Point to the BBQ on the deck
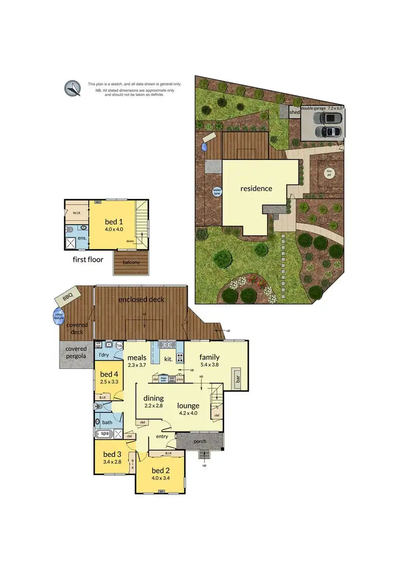pos(68,296)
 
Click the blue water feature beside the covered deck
pos(58,316)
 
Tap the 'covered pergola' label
pos(76,352)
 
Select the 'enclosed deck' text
pos(142,299)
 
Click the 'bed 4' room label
pos(109,374)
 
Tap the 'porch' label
pos(199,441)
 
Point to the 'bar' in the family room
pos(237,380)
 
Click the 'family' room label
pos(210,358)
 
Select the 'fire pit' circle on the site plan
pos(329,173)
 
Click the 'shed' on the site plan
pos(294,113)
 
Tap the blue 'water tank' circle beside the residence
pos(217,191)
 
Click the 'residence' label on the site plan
pos(256,188)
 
